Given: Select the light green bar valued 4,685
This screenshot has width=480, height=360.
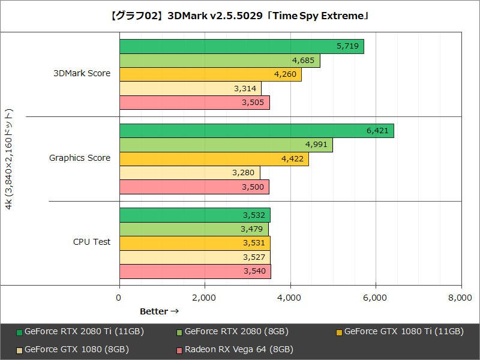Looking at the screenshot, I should (x=220, y=61).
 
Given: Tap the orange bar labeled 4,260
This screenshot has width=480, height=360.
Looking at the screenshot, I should (x=210, y=74).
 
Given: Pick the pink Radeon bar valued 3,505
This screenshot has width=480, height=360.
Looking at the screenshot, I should (x=194, y=103).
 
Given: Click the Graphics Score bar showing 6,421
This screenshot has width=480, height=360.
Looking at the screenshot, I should (x=256, y=130).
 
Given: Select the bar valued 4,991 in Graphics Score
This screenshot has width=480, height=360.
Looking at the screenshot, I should (x=226, y=145).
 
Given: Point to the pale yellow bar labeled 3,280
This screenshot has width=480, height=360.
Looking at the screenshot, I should (x=190, y=173).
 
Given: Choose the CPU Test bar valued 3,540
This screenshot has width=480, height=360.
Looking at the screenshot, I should (x=195, y=272).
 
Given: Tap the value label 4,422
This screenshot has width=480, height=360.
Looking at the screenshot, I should (x=293, y=159).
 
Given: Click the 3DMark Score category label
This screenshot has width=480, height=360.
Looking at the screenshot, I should (x=82, y=74).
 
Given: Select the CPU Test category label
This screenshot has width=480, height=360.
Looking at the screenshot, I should (x=92, y=242).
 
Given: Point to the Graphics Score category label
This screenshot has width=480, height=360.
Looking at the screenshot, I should (x=80, y=158).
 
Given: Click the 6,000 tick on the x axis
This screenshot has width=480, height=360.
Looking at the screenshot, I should (x=376, y=298).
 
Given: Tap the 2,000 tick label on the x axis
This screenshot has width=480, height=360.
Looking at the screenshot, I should (x=205, y=298).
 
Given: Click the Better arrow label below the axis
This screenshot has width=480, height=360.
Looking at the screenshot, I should (x=159, y=311).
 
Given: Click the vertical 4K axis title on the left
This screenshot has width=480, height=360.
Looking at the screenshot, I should (x=8, y=158).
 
